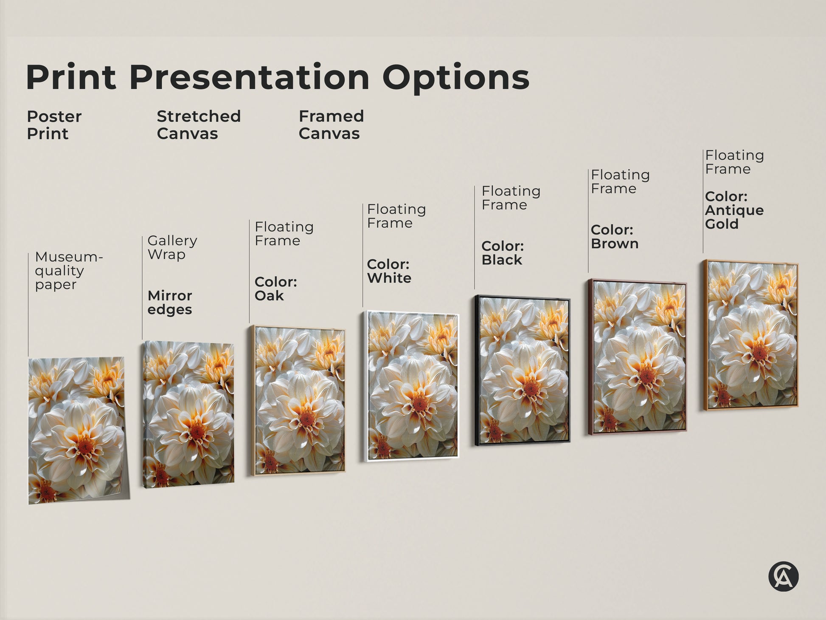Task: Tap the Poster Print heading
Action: pyautogui.click(x=54, y=125)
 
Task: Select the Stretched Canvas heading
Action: pyautogui.click(x=198, y=125)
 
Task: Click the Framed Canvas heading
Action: pyautogui.click(x=331, y=125)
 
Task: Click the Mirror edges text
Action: pyautogui.click(x=170, y=302)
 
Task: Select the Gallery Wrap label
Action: pyautogui.click(x=172, y=247)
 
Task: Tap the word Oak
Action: pyautogui.click(x=269, y=296)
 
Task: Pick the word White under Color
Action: pyautogui.click(x=389, y=278)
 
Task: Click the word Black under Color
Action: pyautogui.click(x=502, y=260)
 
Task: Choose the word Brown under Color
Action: pyautogui.click(x=615, y=243)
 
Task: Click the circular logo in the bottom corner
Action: pyautogui.click(x=783, y=577)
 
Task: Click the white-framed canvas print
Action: pyautogui.click(x=412, y=386)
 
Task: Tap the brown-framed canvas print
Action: pyautogui.click(x=637, y=357)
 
